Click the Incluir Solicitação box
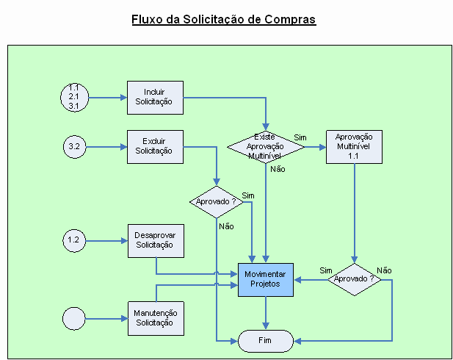coord(154,98)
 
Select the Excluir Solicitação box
coord(154,147)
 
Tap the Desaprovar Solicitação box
coord(154,241)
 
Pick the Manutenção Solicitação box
coord(154,318)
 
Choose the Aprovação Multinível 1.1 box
coord(354,147)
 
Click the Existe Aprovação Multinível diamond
coord(264,147)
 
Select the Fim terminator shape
coord(265,341)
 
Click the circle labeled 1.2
coord(74,240)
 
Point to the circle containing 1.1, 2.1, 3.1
coord(74,97)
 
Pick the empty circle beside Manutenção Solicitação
coord(74,318)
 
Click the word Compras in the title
coord(286,19)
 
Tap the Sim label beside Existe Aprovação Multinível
coord(300,137)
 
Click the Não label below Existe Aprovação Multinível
coord(278,169)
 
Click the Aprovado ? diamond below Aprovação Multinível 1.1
coord(354,279)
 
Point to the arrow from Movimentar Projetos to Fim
coord(265,313)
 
